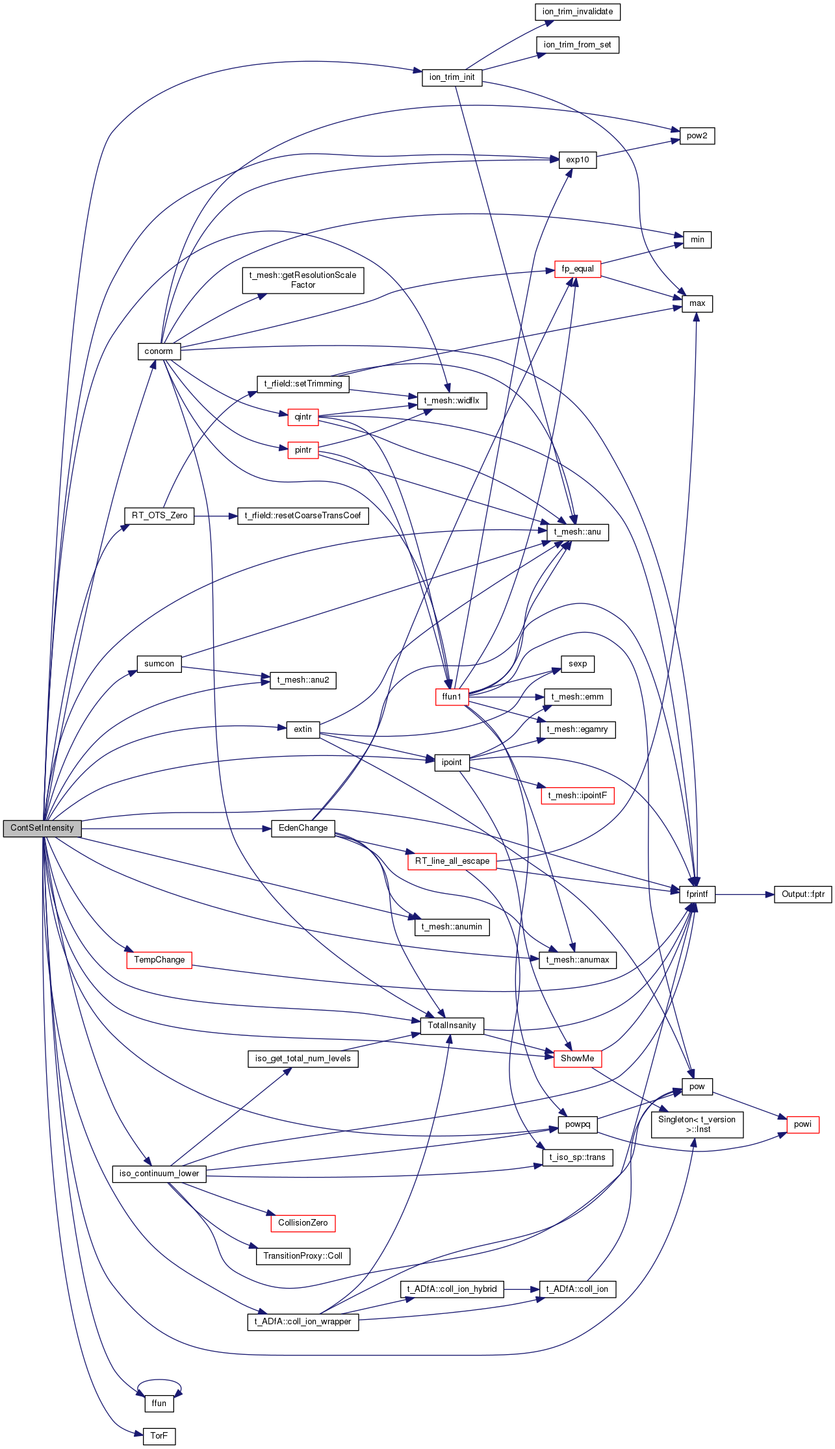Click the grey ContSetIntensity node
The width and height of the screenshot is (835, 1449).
(42, 828)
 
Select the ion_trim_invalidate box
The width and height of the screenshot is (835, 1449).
(578, 12)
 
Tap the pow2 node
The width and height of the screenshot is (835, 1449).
(697, 136)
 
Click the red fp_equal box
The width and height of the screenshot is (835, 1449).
(578, 269)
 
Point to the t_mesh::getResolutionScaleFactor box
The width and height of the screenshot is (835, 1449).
(303, 280)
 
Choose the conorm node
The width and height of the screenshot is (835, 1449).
(159, 351)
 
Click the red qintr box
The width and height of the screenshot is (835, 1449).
(303, 417)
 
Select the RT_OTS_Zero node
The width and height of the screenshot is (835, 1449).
(159, 516)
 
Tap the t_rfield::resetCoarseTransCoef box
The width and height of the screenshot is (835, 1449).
(303, 516)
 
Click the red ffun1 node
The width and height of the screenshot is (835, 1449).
(452, 697)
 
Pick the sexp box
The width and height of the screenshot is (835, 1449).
(578, 664)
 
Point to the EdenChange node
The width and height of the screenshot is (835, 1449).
(303, 828)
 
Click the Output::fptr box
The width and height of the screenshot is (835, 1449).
(803, 894)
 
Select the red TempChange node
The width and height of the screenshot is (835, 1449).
(159, 960)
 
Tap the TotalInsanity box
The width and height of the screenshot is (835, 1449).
(452, 1026)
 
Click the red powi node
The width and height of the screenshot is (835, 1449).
(803, 1124)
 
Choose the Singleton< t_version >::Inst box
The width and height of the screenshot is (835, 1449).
(697, 1124)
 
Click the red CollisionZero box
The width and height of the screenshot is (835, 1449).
(303, 1223)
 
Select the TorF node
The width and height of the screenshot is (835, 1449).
(159, 1436)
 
